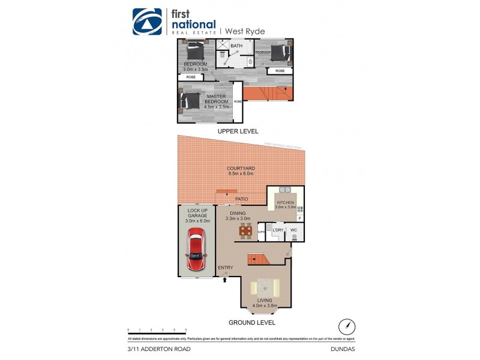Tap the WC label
point(294,230)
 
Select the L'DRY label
point(278,230)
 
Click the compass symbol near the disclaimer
point(346,326)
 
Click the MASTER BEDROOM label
point(215,100)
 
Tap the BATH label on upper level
point(236,46)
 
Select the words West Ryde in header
point(244,31)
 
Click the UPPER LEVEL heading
point(239,131)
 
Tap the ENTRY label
point(225,268)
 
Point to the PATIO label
point(242,198)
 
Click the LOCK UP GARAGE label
point(196,214)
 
